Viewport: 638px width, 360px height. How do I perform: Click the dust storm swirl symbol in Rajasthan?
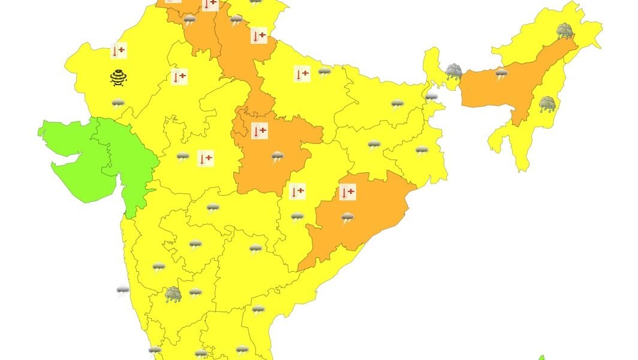click(118, 77)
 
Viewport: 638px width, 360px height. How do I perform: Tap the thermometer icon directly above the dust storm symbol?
click(118, 51)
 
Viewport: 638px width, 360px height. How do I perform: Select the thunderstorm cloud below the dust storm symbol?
click(118, 104)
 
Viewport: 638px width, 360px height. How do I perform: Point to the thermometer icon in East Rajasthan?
click(179, 77)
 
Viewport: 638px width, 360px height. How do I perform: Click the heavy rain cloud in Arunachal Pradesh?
click(564, 31)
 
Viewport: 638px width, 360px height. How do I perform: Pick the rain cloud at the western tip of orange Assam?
click(453, 73)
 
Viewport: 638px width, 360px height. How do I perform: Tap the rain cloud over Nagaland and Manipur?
click(547, 104)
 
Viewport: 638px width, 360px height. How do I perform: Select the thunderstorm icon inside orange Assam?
click(501, 73)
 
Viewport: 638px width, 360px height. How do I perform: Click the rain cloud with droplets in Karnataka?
click(173, 293)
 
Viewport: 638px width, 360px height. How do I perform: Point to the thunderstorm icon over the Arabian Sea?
click(123, 291)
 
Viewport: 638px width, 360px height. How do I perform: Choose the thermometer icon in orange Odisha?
click(347, 193)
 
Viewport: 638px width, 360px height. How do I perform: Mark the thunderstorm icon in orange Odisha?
click(347, 217)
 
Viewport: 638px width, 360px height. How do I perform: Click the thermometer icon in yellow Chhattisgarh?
click(297, 192)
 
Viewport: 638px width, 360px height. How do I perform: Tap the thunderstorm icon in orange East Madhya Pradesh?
click(277, 157)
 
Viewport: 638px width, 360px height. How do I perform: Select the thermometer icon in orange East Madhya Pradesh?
click(260, 131)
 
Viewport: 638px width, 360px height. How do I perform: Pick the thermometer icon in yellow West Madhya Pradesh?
click(205, 158)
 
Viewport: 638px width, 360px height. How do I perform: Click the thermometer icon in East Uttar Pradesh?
click(302, 74)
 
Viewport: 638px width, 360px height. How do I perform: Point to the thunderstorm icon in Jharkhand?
click(374, 145)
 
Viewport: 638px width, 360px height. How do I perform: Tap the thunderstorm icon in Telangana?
click(256, 248)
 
